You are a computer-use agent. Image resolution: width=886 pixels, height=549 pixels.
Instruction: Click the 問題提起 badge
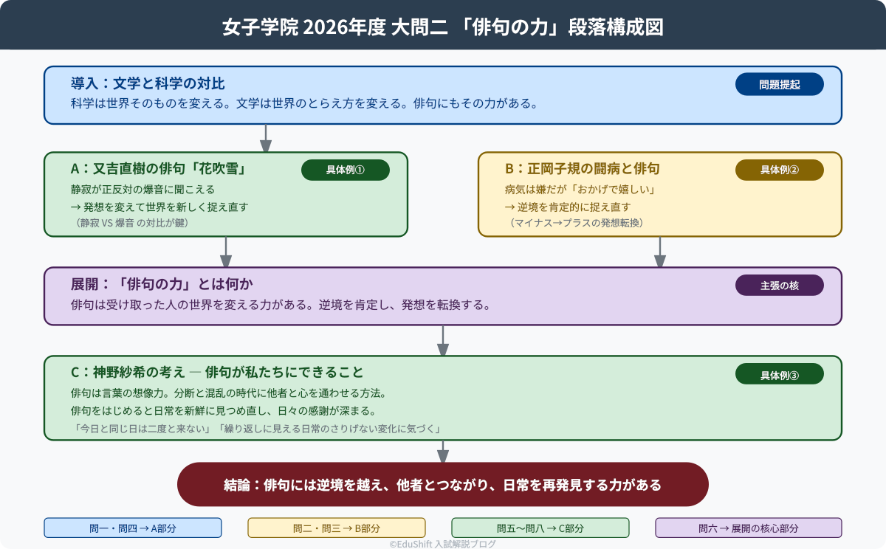point(779,85)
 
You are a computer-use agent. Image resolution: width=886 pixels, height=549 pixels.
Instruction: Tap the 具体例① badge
point(345,170)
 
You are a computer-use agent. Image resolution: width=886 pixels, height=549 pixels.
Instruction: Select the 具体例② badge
point(779,170)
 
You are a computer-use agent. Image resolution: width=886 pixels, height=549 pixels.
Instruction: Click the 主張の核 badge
point(779,285)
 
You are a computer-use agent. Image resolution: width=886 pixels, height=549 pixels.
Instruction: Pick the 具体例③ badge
point(779,374)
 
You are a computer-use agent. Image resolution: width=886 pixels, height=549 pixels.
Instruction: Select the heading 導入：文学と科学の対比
point(148,83)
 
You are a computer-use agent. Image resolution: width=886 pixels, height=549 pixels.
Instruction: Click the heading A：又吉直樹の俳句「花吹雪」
point(158,169)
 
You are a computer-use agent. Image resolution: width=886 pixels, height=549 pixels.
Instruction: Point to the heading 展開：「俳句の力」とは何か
point(162,284)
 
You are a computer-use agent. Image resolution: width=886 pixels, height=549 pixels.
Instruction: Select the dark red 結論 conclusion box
point(443,485)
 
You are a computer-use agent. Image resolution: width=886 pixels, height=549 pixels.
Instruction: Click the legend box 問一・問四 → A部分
point(133,528)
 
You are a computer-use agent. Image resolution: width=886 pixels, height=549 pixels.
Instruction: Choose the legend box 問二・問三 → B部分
point(337,528)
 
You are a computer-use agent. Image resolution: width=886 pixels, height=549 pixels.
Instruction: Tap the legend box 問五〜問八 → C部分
point(540,528)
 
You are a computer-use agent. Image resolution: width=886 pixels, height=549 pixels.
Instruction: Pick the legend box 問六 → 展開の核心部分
point(748,528)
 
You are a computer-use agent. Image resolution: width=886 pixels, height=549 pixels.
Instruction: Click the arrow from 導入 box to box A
point(266,139)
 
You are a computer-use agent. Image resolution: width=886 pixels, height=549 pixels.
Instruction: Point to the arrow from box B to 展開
point(660,252)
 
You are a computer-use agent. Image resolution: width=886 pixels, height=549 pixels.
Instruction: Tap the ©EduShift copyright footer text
point(443,544)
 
